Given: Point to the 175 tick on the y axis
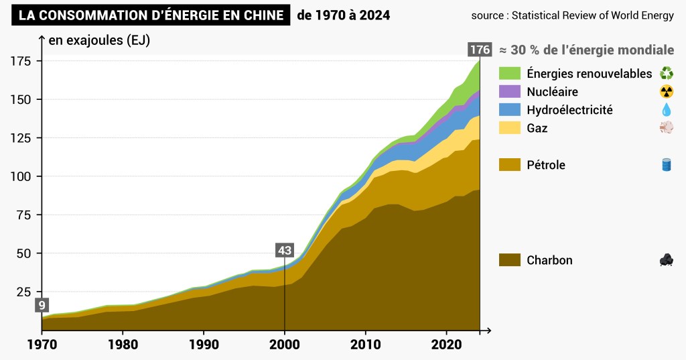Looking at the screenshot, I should (23, 61).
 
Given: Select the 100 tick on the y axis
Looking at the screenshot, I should (23, 176).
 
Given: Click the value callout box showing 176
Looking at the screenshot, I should (480, 50).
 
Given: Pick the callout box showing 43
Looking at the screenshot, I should (285, 250).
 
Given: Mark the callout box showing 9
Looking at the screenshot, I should (42, 305).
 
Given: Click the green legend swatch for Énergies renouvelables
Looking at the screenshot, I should (510, 73).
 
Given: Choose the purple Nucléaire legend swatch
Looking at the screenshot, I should (510, 91).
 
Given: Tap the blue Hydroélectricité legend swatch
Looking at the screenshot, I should (510, 109).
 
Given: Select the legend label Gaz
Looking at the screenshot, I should (537, 127).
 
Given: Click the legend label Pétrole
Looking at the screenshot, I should (546, 164).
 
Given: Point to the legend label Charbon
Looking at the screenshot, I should (549, 260).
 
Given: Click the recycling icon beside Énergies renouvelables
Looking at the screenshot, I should (667, 73).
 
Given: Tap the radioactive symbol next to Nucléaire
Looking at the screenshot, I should (667, 91).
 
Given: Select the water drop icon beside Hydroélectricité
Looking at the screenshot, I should (667, 109).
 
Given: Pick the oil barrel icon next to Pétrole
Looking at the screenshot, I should (667, 164).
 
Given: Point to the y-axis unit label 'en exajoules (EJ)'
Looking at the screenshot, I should (99, 40).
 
